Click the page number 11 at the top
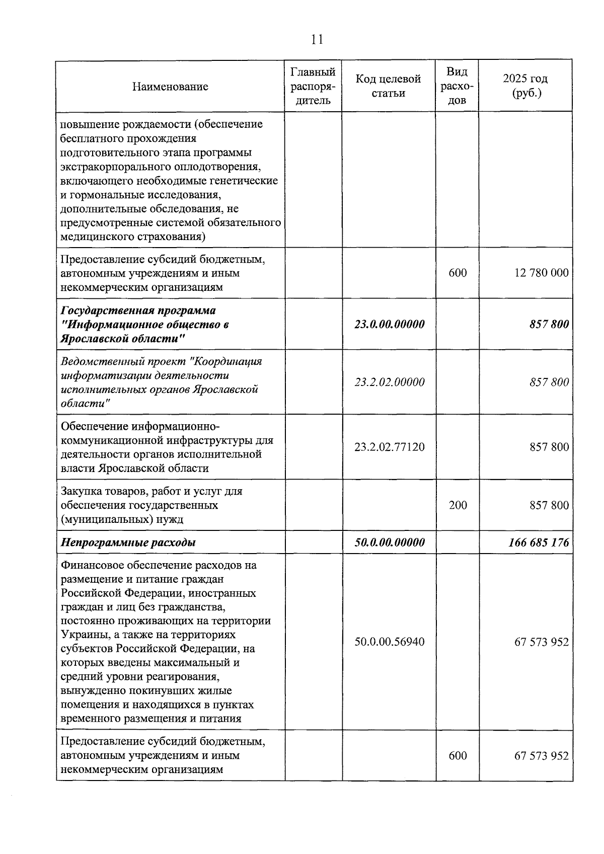(317, 40)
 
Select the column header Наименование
(170, 87)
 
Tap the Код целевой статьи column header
(389, 86)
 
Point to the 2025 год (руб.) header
(525, 86)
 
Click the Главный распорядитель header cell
(313, 86)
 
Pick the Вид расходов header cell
(457, 86)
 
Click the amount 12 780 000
(542, 273)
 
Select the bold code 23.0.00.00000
(389, 324)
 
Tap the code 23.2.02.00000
(389, 382)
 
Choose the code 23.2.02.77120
(389, 447)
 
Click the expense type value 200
(458, 505)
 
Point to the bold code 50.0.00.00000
(389, 542)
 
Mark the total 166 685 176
(539, 542)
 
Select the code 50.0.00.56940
(389, 642)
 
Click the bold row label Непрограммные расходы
(128, 542)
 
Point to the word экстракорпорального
(107, 167)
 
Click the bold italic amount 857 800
(549, 324)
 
